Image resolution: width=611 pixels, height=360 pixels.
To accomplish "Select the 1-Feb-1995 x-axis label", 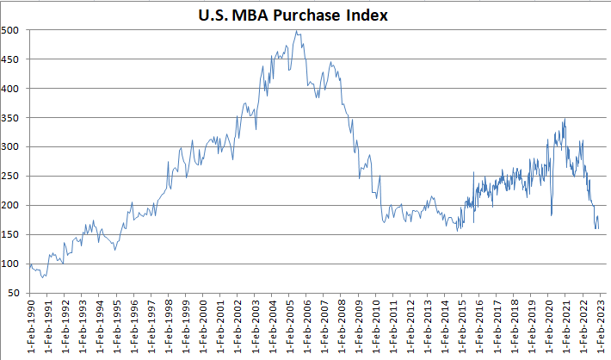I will click(117, 328).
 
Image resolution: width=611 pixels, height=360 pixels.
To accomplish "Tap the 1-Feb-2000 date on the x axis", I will click(204, 328).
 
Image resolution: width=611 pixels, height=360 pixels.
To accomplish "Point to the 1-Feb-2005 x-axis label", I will click(291, 328).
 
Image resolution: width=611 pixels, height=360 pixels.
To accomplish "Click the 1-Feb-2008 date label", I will click(343, 328).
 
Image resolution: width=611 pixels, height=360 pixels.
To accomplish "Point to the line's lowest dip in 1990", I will click(42, 277).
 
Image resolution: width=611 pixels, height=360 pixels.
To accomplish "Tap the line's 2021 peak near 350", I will click(565, 119).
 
